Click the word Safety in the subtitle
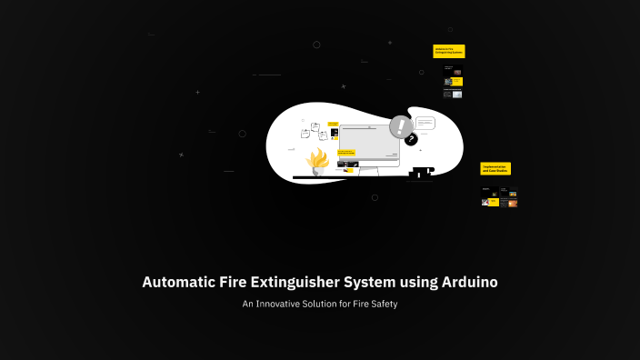click(x=381, y=304)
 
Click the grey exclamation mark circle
click(x=400, y=125)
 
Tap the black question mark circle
click(x=411, y=140)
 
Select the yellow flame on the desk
click(x=317, y=160)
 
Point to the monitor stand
click(x=367, y=170)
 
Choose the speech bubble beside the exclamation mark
click(x=425, y=124)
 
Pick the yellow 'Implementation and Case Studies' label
click(x=495, y=168)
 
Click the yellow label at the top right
click(x=449, y=51)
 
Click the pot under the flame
click(x=317, y=173)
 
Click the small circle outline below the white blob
click(x=375, y=196)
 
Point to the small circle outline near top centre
click(x=316, y=45)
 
